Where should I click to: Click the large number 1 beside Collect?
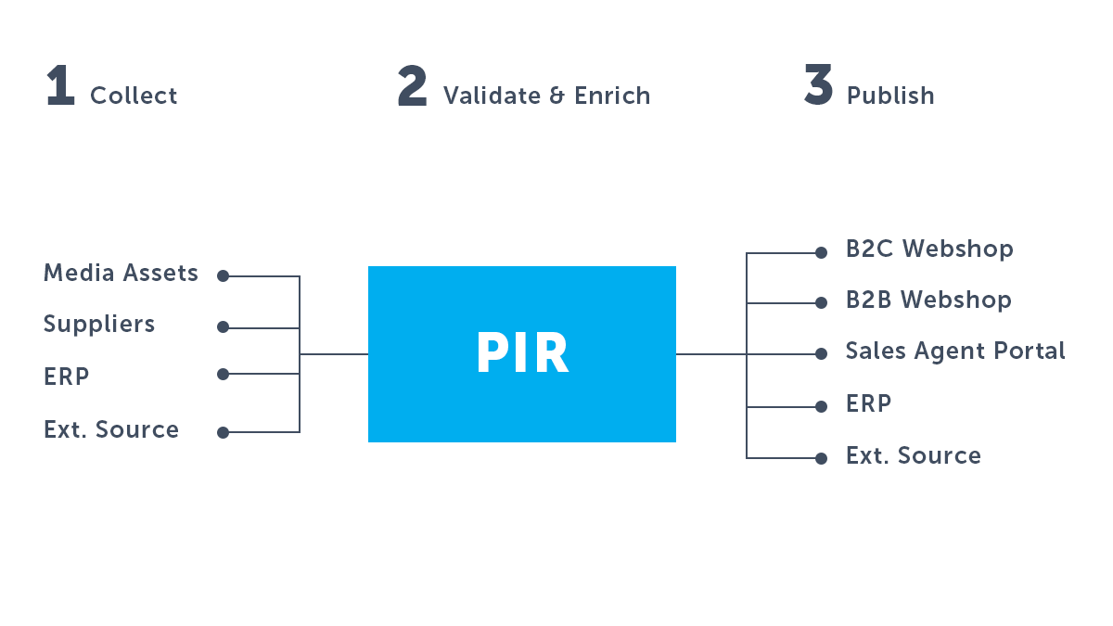[x=60, y=85]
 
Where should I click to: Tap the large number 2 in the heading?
[x=413, y=85]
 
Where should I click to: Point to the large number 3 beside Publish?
[x=818, y=84]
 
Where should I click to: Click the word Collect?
[x=134, y=96]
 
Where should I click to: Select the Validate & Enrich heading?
[x=546, y=96]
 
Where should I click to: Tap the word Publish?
[x=890, y=96]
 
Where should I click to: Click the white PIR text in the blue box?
[x=522, y=352]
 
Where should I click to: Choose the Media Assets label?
[x=121, y=273]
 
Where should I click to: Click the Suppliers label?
[x=99, y=325]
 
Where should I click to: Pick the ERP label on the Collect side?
[x=67, y=377]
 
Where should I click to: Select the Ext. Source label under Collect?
[x=111, y=429]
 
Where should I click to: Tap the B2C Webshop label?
[x=929, y=249]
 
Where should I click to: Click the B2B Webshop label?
[x=928, y=300]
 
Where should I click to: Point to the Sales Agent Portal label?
[x=955, y=351]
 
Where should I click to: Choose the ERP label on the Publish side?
[x=868, y=403]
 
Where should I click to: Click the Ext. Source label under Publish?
[x=914, y=455]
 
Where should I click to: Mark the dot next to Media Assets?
[x=224, y=275]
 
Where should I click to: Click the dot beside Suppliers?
[x=224, y=326]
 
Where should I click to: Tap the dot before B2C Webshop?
[x=822, y=253]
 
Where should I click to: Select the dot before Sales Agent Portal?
[x=822, y=353]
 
